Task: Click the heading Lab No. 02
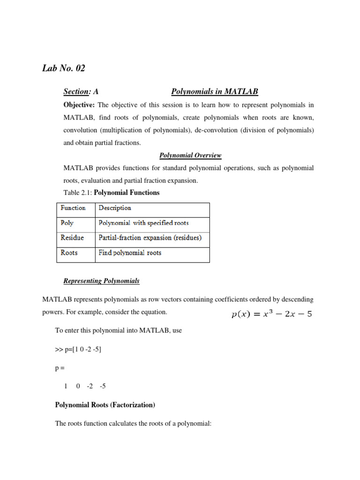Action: click(x=64, y=68)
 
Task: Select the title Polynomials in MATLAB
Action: click(x=214, y=92)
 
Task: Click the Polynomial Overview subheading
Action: click(x=190, y=155)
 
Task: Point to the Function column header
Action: click(x=73, y=208)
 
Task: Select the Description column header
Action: click(x=115, y=208)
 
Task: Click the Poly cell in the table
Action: click(x=67, y=223)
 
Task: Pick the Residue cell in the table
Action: click(x=73, y=238)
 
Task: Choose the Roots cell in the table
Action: click(x=69, y=253)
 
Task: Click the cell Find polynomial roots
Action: click(x=130, y=253)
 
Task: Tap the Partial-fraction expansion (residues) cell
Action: click(x=150, y=238)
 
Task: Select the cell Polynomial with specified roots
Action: click(x=143, y=223)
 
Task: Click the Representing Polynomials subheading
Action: click(x=101, y=281)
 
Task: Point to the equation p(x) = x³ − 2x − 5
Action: click(x=271, y=314)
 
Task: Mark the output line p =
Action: click(x=60, y=368)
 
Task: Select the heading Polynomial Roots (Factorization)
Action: click(x=105, y=405)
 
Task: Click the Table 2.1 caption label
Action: click(x=78, y=193)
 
